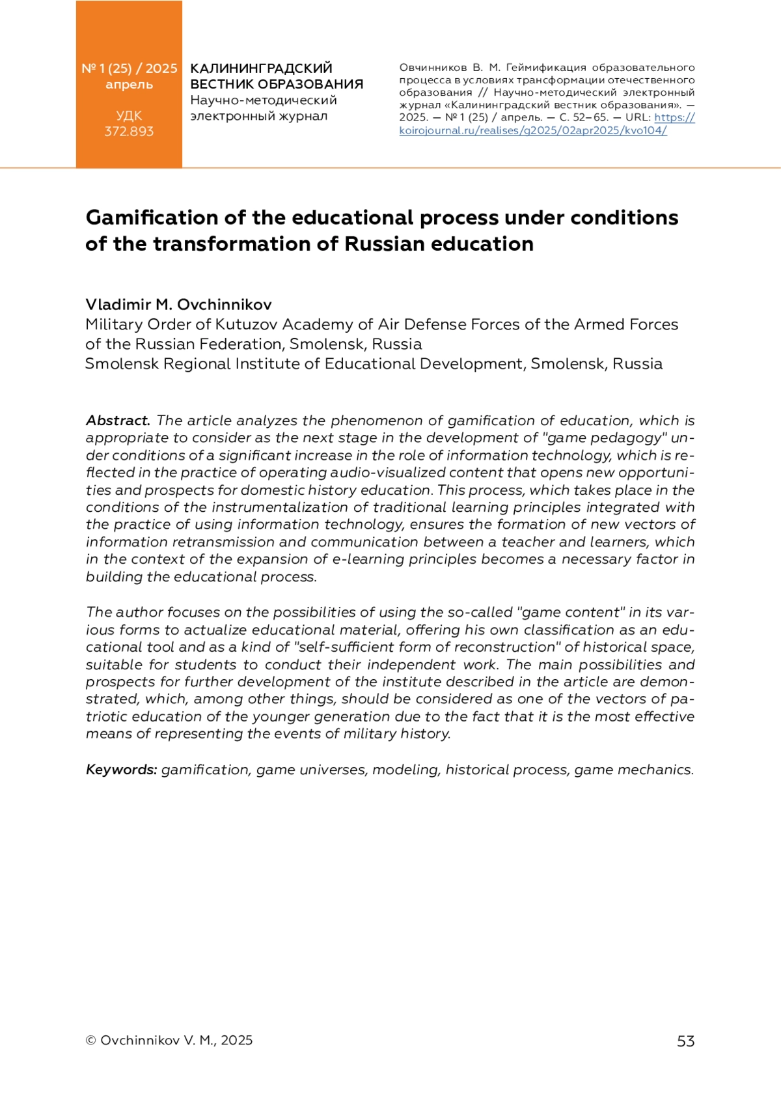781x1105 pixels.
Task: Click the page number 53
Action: (x=685, y=1041)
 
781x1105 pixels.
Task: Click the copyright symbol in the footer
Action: (x=90, y=1041)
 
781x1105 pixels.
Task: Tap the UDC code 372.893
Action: (x=129, y=132)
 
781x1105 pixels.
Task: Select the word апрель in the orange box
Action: (x=129, y=85)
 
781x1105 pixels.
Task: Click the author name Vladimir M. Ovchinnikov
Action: (x=178, y=305)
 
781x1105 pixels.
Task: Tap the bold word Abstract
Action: (x=118, y=421)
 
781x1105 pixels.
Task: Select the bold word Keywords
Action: (x=121, y=770)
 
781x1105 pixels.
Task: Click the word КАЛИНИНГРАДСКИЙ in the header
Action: (x=261, y=68)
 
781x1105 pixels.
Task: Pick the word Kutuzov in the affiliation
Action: (x=247, y=324)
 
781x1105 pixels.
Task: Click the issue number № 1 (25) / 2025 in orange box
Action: (x=129, y=68)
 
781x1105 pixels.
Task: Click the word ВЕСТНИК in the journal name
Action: (x=221, y=85)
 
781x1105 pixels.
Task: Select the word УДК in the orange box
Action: (x=129, y=116)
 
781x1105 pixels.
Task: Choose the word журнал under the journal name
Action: (x=303, y=117)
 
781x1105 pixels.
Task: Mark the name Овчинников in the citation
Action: (x=432, y=68)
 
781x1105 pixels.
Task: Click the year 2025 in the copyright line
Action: (x=236, y=1041)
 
